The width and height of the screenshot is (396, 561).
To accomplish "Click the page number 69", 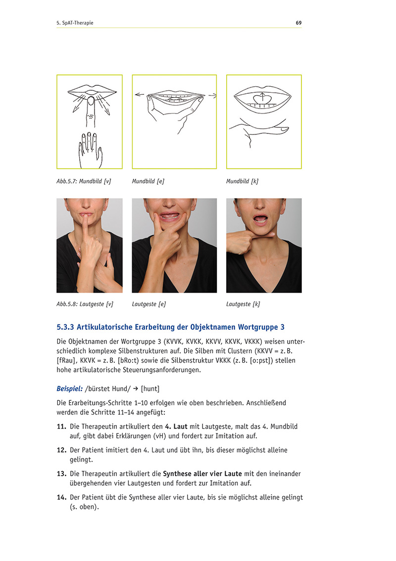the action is [x=298, y=23].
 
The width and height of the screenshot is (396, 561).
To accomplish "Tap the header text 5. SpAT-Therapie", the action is [x=75, y=23].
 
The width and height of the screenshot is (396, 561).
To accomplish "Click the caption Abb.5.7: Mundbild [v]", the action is [x=84, y=182].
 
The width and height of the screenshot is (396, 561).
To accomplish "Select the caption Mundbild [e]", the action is [x=148, y=182].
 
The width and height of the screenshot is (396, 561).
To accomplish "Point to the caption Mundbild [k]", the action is [x=242, y=182].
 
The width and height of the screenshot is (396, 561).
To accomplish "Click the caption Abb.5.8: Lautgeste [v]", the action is [x=85, y=304].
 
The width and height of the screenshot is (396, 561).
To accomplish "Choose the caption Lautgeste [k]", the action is [x=243, y=304].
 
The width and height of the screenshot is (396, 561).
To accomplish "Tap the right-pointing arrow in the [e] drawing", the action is [x=212, y=95].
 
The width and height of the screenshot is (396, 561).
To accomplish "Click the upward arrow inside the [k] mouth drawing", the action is [x=262, y=97].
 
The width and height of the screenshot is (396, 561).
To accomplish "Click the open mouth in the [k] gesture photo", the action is [x=261, y=219].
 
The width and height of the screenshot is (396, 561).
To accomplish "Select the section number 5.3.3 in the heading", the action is [x=65, y=327].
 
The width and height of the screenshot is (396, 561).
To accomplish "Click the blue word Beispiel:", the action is [x=70, y=388].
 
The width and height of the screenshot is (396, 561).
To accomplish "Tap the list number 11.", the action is [x=61, y=427].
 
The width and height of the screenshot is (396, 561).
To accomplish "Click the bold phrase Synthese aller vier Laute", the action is [x=202, y=474].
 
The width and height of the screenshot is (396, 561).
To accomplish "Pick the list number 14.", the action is [x=61, y=498].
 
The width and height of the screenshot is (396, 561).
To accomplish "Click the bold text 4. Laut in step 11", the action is [x=176, y=427].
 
